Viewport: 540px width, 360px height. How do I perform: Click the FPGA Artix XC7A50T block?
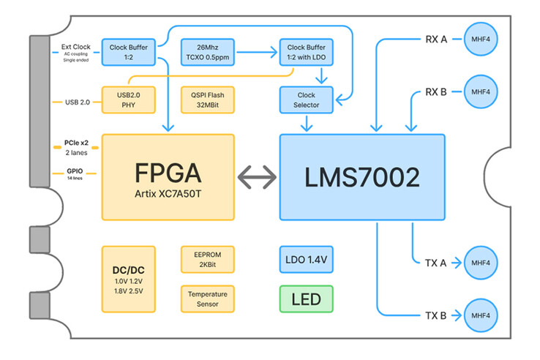tap(168, 176)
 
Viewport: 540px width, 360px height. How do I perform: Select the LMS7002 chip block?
tap(362, 176)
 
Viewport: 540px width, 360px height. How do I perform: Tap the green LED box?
tap(305, 300)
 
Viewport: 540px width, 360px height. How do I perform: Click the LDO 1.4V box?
tap(305, 259)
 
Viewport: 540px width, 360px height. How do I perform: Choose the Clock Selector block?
tap(306, 100)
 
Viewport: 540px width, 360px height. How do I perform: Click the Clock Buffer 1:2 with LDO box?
tap(306, 52)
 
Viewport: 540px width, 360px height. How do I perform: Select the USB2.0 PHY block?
tap(129, 100)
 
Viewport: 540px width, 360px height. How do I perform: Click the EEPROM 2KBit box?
tap(207, 259)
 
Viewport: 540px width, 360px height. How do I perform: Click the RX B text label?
tap(437, 92)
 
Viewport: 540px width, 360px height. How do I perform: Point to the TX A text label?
tap(437, 262)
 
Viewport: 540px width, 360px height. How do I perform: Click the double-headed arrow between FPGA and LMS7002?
tap(257, 176)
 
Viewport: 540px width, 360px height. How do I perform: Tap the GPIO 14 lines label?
tap(75, 174)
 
